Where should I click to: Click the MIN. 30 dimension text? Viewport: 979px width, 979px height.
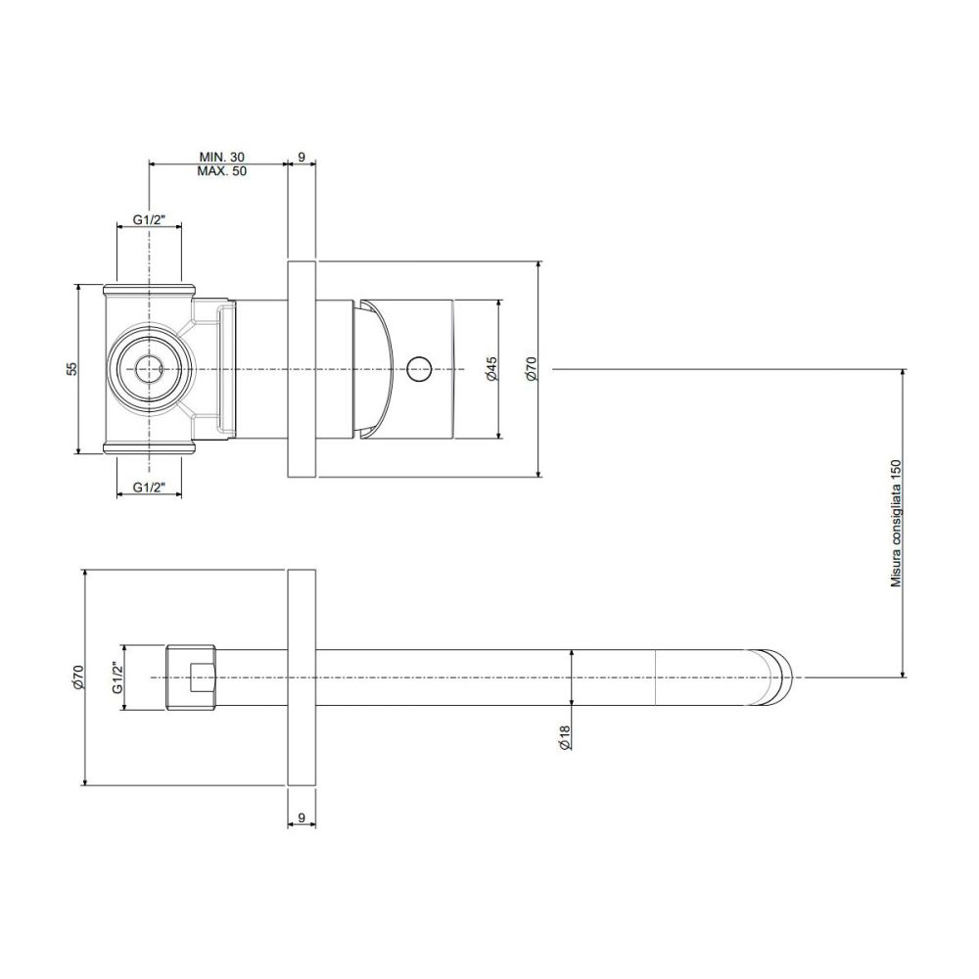click(221, 157)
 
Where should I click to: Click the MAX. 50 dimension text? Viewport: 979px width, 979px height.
click(221, 171)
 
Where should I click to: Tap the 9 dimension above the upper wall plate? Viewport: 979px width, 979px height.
click(302, 157)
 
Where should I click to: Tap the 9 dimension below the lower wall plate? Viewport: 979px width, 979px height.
click(302, 816)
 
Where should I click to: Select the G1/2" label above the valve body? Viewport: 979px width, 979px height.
click(149, 219)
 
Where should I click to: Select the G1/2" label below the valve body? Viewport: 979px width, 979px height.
click(149, 488)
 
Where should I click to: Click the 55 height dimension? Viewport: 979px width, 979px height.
click(72, 368)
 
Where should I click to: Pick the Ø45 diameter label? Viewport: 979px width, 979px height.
click(491, 369)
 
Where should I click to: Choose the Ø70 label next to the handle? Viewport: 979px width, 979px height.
click(531, 369)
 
